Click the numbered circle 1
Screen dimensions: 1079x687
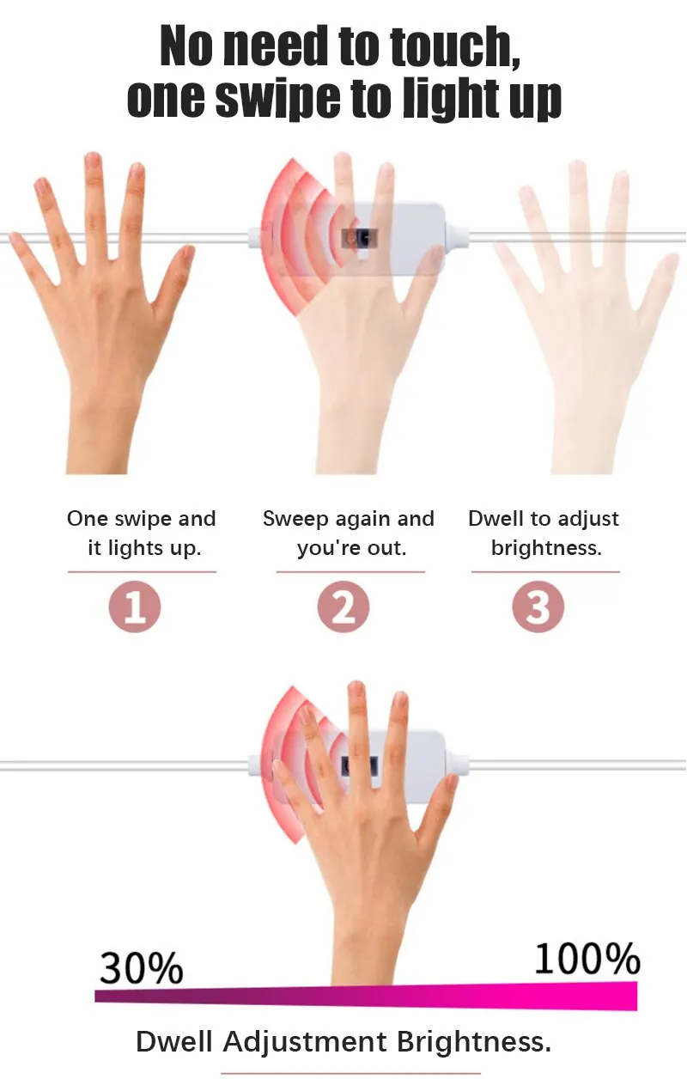135,607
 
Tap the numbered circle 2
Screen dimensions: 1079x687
343,607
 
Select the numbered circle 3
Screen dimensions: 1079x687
538,607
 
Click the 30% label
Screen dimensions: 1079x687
141,968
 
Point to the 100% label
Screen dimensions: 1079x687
587,959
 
